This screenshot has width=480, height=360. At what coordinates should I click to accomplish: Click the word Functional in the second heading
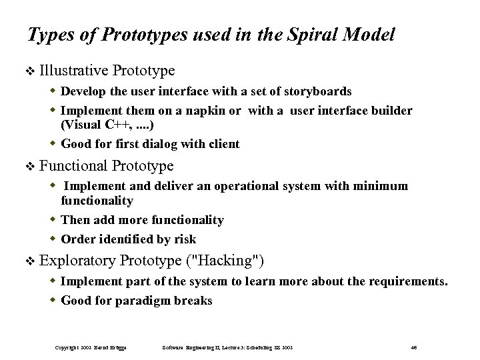(73, 165)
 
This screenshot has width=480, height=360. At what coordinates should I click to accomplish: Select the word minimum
(383, 187)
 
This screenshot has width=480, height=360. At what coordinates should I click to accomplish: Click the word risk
(183, 239)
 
